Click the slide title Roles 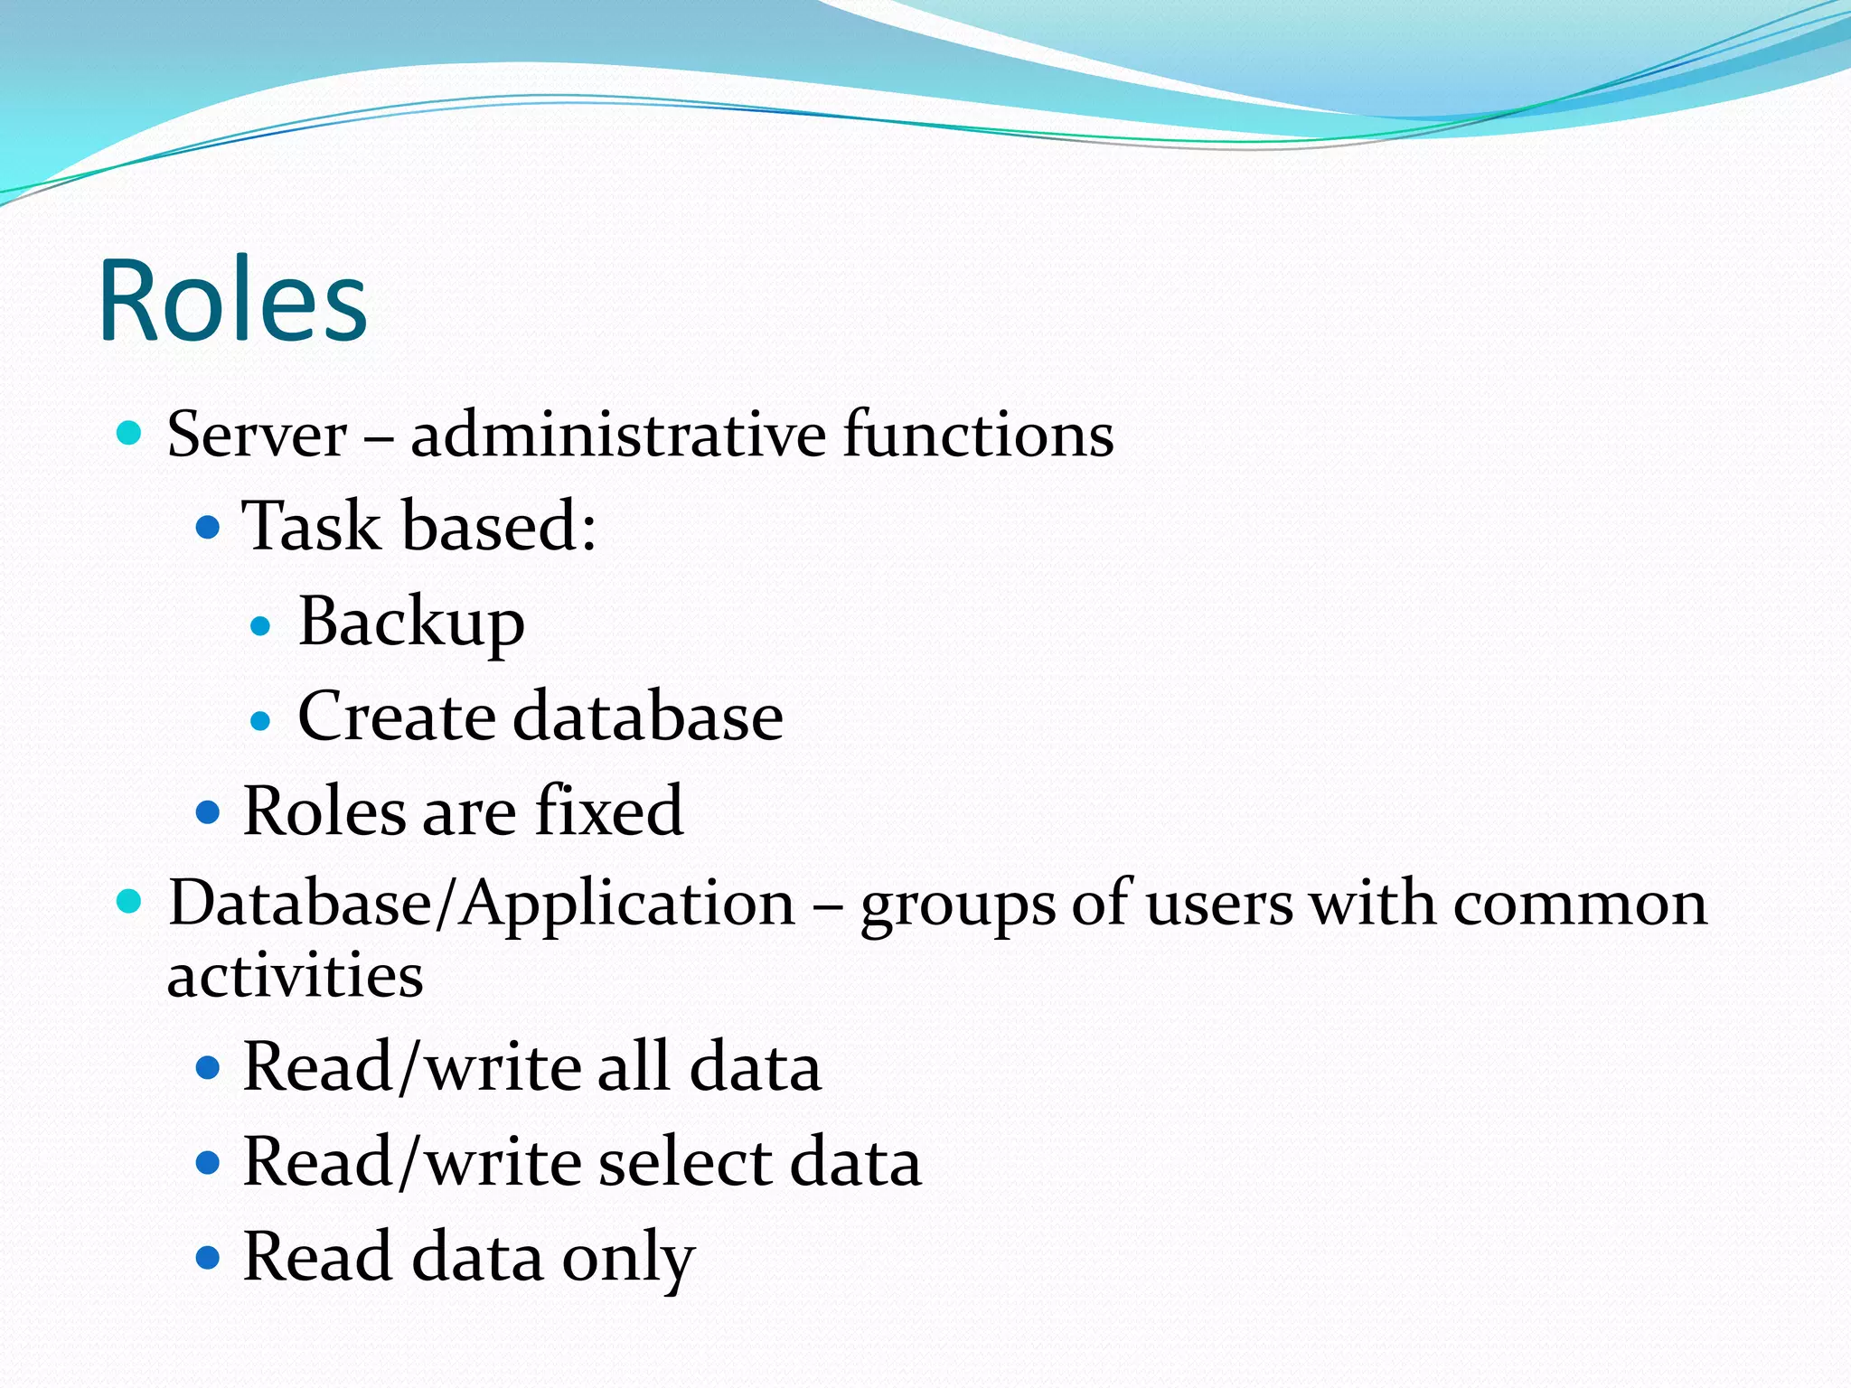click(x=233, y=300)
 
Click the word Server click(x=257, y=435)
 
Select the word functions click(x=978, y=435)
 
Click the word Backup click(x=411, y=623)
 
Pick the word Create click(x=397, y=717)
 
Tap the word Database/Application click(x=482, y=905)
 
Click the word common click(x=1580, y=905)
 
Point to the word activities click(x=295, y=976)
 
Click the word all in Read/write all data click(x=633, y=1067)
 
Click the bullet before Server click(x=130, y=434)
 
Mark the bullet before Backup click(x=260, y=625)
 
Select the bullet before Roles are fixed click(x=208, y=811)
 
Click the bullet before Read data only click(x=208, y=1257)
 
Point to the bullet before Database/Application click(x=130, y=902)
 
